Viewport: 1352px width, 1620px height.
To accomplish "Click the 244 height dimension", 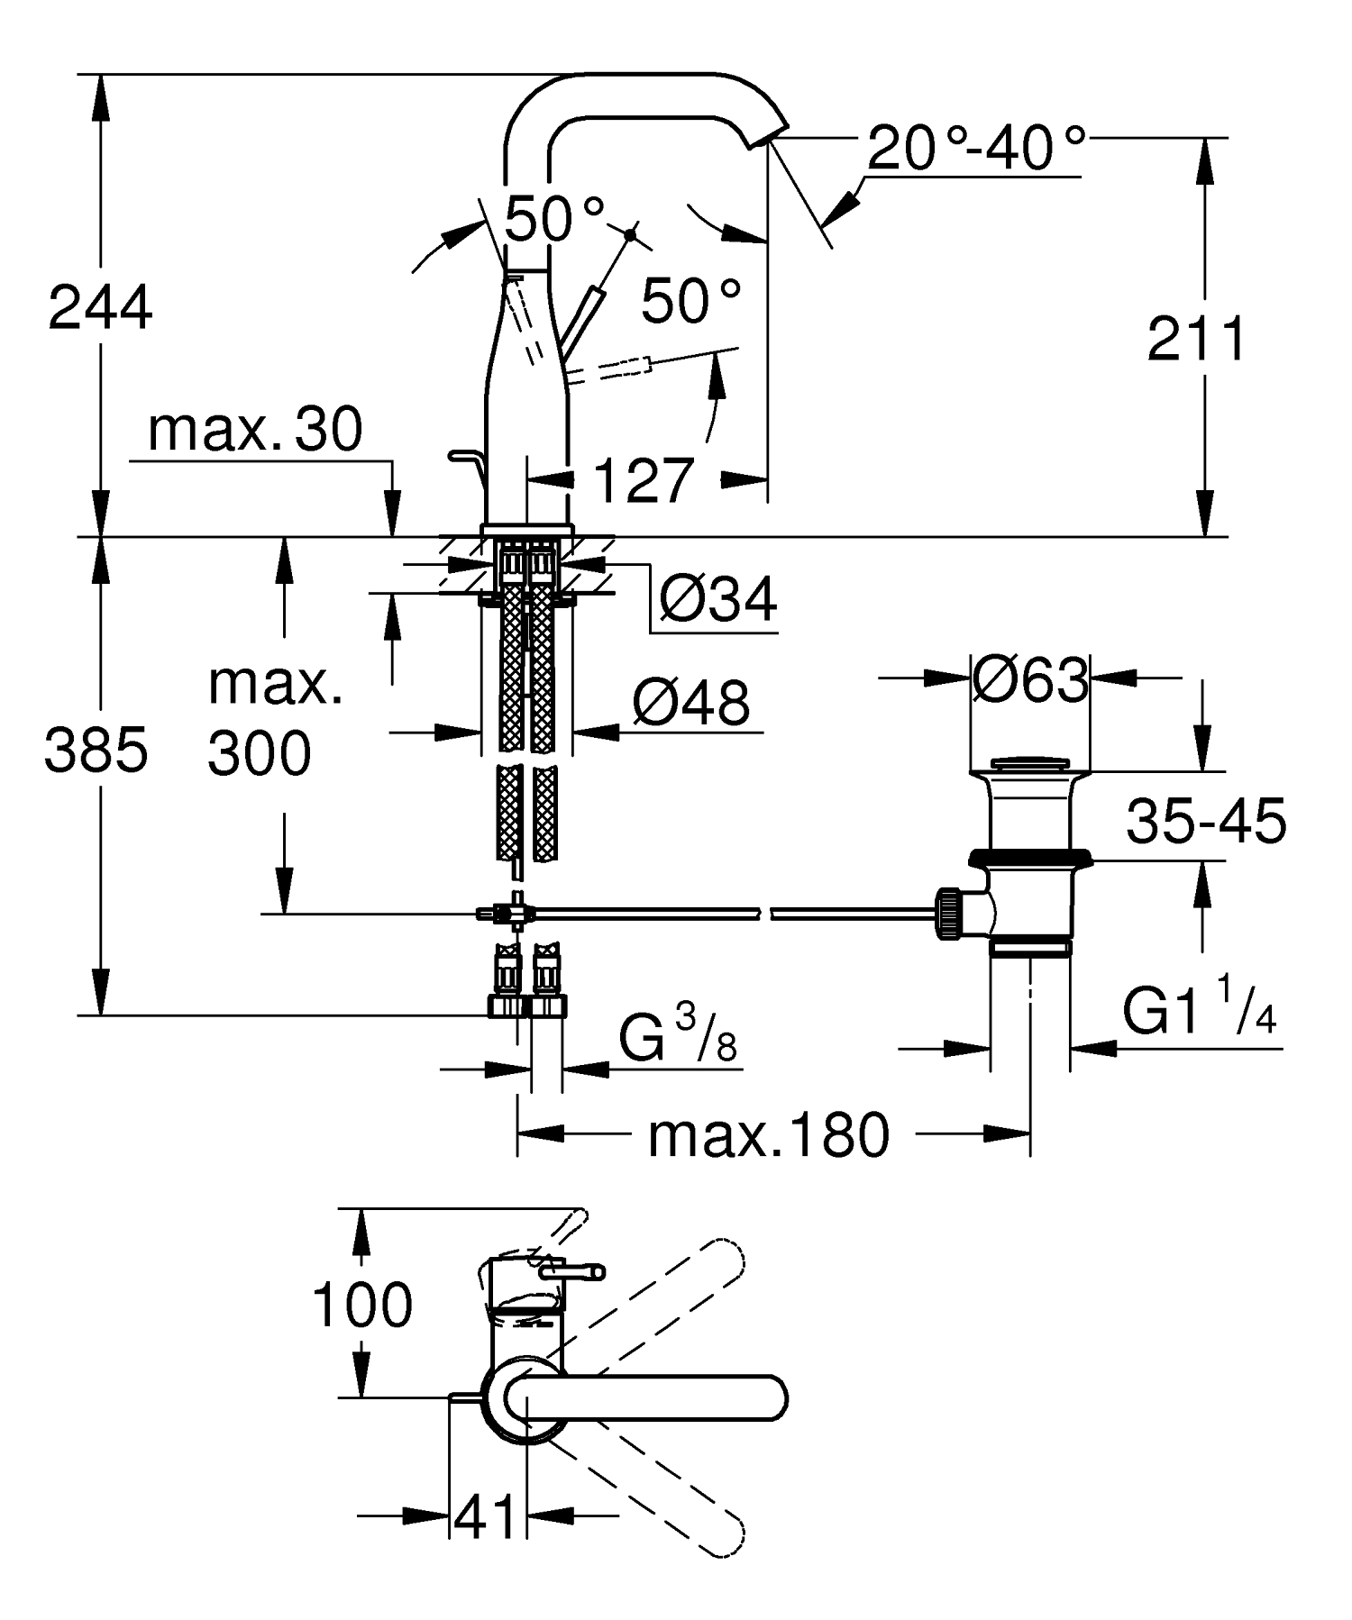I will pos(100,307).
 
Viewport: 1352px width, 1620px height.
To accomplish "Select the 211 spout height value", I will pos(1196,340).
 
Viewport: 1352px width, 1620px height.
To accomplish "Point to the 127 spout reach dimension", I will pos(644,480).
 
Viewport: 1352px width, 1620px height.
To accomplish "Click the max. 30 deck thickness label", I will pos(255,430).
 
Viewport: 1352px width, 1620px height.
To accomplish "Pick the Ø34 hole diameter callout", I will pos(717,599).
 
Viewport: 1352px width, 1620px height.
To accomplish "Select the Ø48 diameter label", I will pos(690,703).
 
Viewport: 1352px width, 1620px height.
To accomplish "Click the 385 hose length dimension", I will pos(96,751).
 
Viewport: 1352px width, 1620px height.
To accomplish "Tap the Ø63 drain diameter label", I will pos(1030,680).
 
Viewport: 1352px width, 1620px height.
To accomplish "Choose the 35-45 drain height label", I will pos(1206,822).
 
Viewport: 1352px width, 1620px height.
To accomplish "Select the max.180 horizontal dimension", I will pos(768,1135).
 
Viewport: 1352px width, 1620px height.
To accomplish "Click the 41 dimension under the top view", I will pos(486,1517).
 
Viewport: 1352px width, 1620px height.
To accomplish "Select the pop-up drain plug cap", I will pos(1030,764).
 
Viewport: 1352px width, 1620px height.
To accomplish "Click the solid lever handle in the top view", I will pos(649,1397).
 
